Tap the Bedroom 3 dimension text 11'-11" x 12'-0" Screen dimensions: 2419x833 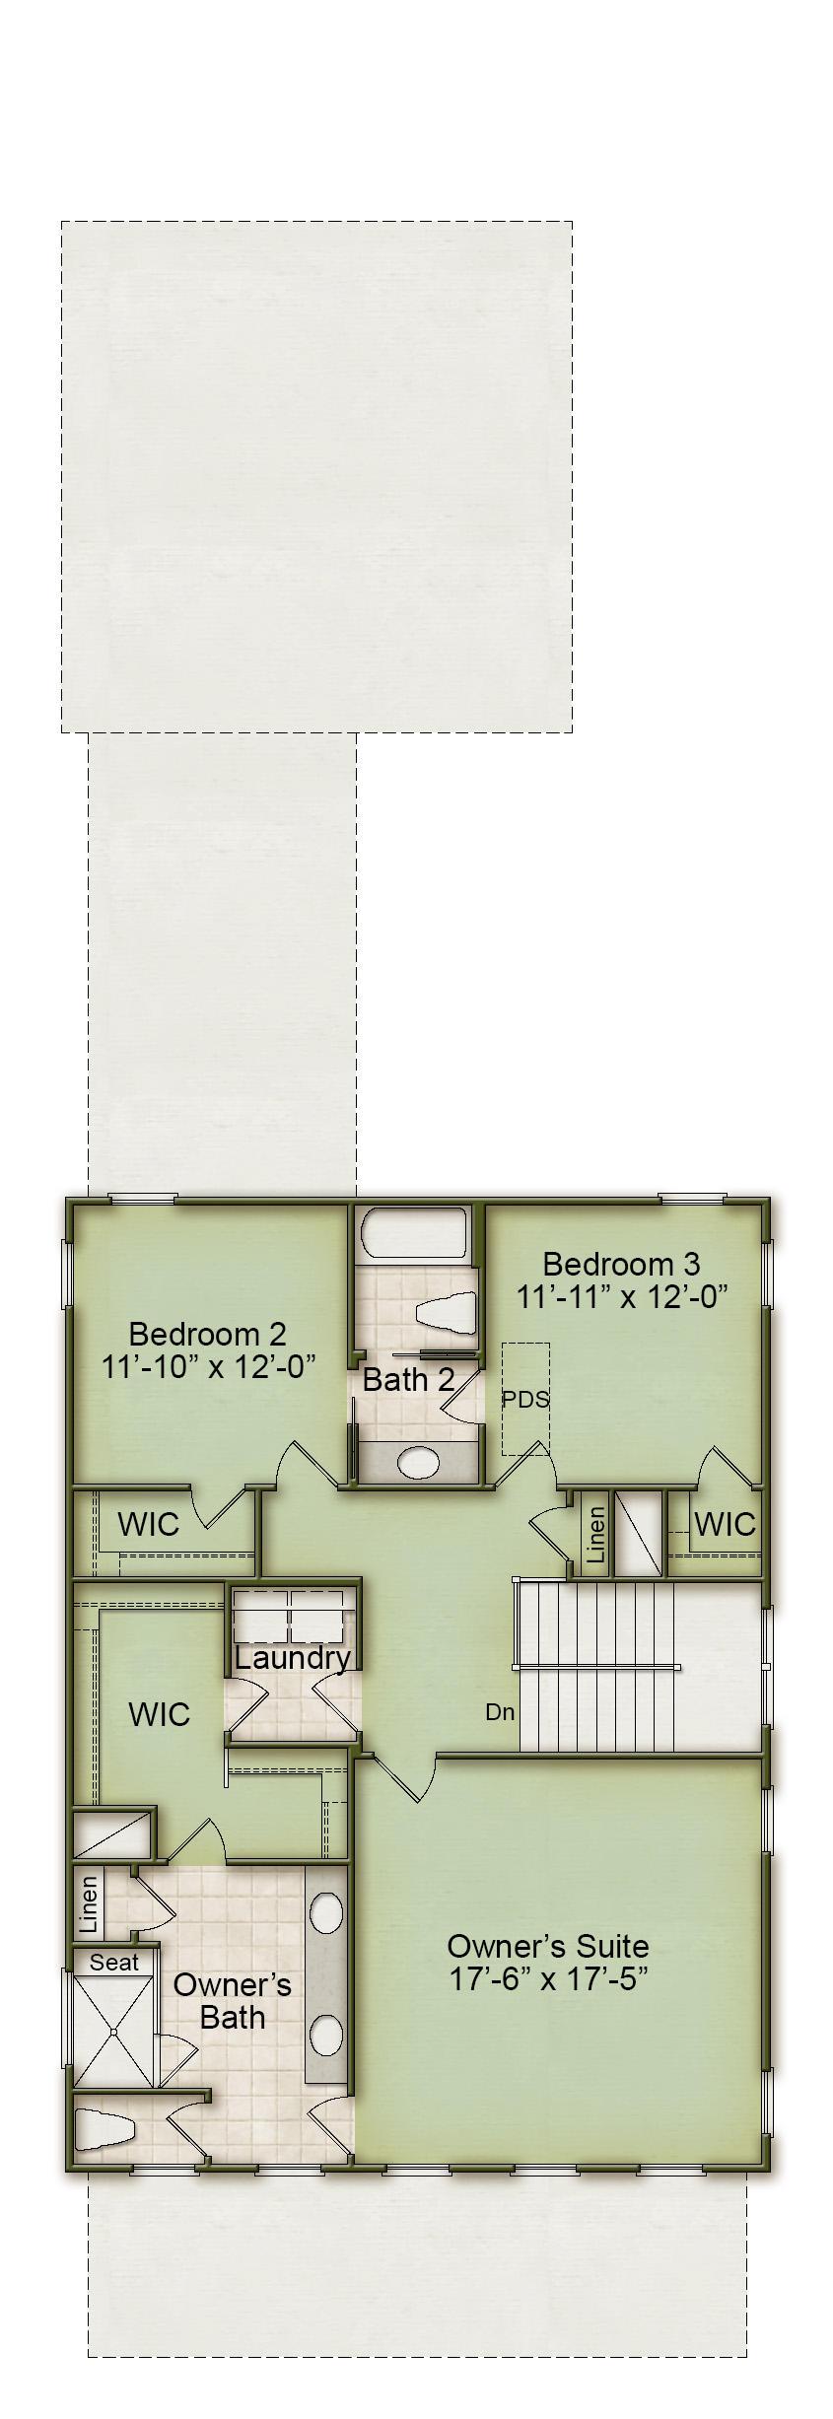(x=622, y=1296)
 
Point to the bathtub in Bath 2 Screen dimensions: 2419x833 (x=414, y=1233)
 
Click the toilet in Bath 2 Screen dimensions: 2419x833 (x=446, y=1315)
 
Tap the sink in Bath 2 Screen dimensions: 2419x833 (x=419, y=1463)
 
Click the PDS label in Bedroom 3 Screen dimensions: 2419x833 (x=525, y=1399)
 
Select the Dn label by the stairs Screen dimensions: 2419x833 (x=500, y=1712)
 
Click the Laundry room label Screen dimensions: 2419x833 (x=292, y=1657)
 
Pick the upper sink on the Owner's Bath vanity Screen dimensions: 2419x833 (x=326, y=1914)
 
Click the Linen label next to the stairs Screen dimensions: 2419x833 (x=594, y=1535)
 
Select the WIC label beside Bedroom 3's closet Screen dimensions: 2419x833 (x=724, y=1524)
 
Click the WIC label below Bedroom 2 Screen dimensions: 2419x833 (x=148, y=1524)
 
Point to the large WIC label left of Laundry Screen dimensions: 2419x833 (x=159, y=1714)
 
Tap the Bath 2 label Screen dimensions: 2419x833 (x=408, y=1379)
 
